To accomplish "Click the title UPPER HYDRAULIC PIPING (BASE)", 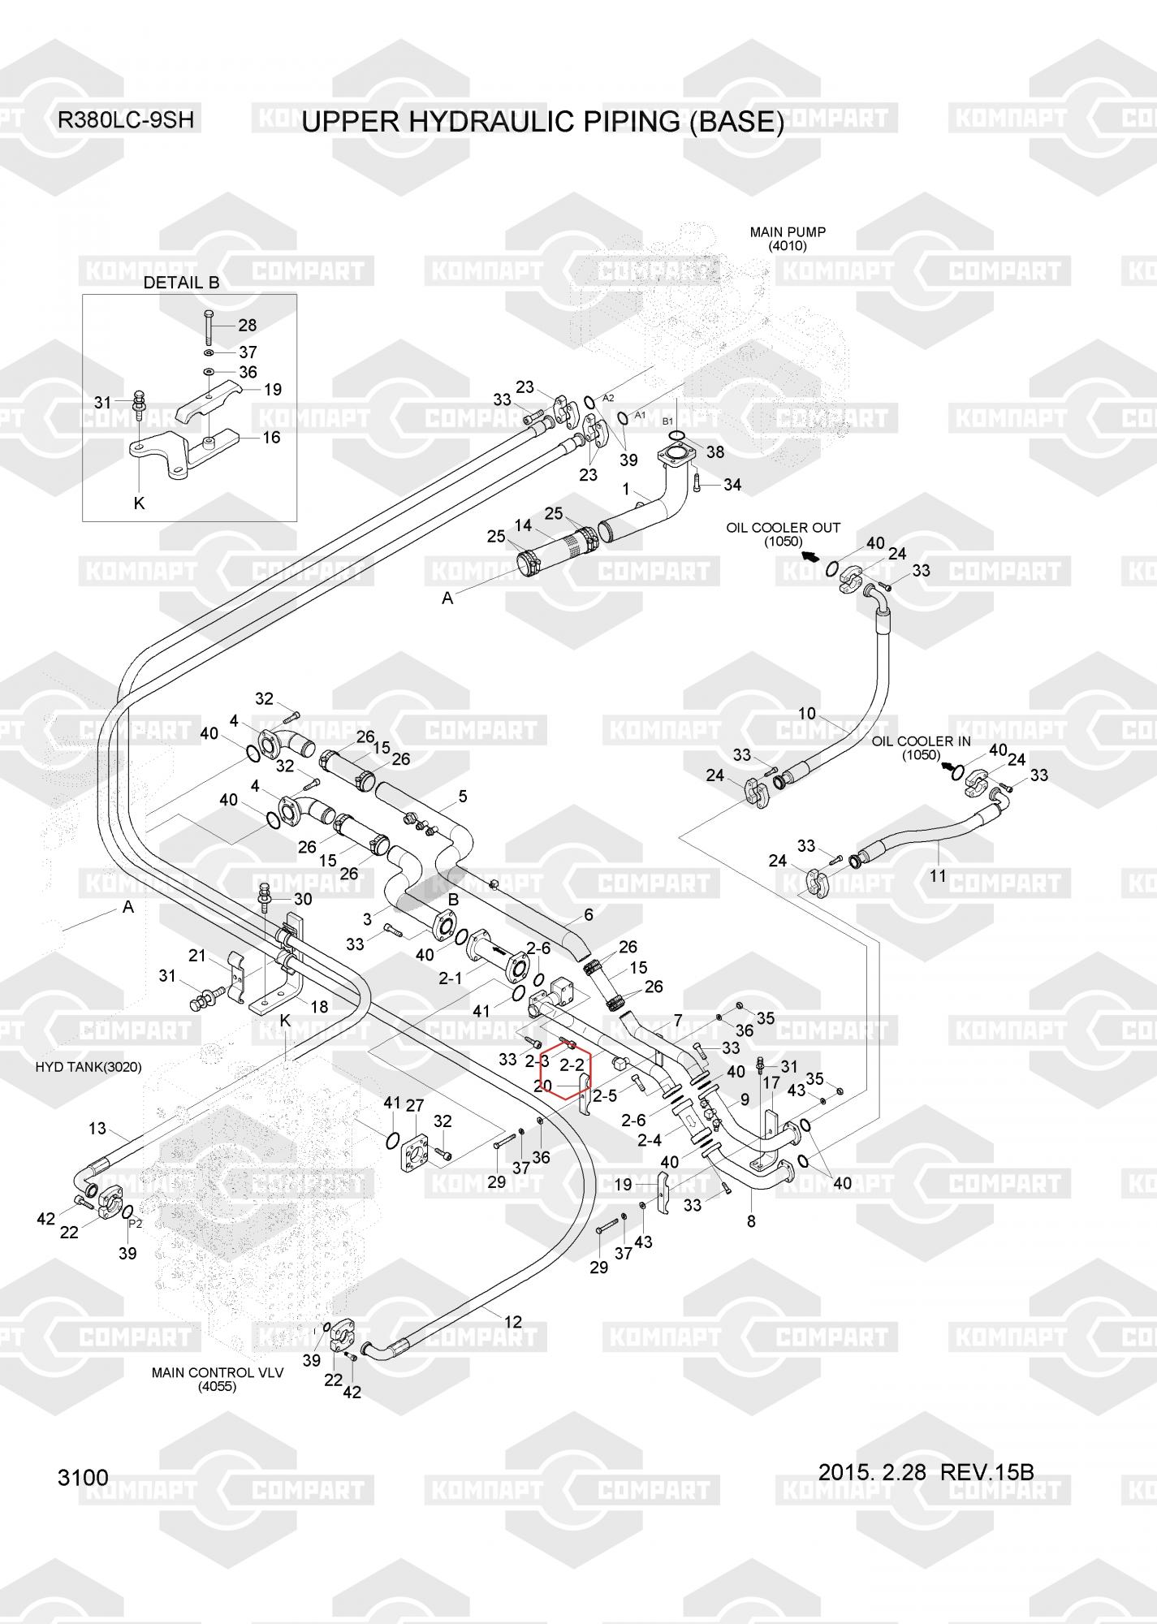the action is pyautogui.click(x=542, y=122).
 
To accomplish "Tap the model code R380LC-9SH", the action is pyautogui.click(x=125, y=120).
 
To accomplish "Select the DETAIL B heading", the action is pyautogui.click(x=181, y=283).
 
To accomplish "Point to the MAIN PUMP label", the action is pyautogui.click(x=788, y=233).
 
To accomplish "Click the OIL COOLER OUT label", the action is pyautogui.click(x=784, y=528).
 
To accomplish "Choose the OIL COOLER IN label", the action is pyautogui.click(x=921, y=741).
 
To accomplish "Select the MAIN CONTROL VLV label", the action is pyautogui.click(x=218, y=1372).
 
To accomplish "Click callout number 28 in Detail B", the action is pyautogui.click(x=247, y=326).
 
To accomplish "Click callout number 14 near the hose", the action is pyautogui.click(x=523, y=525).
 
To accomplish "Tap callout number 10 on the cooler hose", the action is pyautogui.click(x=806, y=714).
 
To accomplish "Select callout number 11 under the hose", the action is pyautogui.click(x=938, y=875).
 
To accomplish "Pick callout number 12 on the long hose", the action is pyautogui.click(x=512, y=1322).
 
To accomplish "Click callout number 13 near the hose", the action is pyautogui.click(x=97, y=1129).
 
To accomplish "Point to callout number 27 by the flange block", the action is pyautogui.click(x=415, y=1105).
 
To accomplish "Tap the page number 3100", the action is pyautogui.click(x=83, y=1477).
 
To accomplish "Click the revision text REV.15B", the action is pyautogui.click(x=986, y=1471).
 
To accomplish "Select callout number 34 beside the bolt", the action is pyautogui.click(x=732, y=485).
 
